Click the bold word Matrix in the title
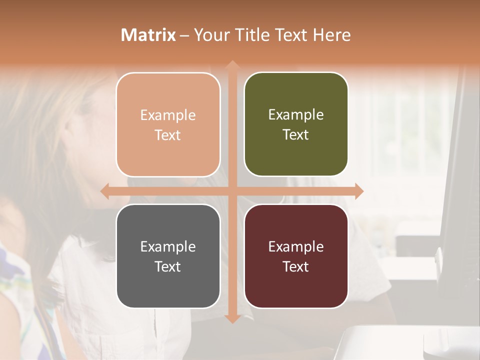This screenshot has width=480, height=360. [x=148, y=35]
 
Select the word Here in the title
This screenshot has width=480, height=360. [x=332, y=35]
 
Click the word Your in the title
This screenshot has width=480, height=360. [x=209, y=35]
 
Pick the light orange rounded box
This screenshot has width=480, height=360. [x=168, y=124]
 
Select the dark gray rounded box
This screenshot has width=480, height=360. [x=168, y=256]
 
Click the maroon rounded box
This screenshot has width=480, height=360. [x=296, y=256]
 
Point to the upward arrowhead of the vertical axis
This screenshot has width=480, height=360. [x=232, y=64]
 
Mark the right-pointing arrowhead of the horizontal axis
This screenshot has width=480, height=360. [x=358, y=191]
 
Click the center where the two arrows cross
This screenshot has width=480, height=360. [x=232, y=191]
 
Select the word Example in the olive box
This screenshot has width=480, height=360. [x=296, y=114]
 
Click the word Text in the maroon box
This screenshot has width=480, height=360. [x=296, y=266]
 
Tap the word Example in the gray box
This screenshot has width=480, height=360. [x=168, y=246]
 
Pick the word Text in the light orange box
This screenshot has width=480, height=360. [x=168, y=135]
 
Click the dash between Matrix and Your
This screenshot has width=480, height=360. [x=184, y=35]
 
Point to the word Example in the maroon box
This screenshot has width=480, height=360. [x=296, y=246]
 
